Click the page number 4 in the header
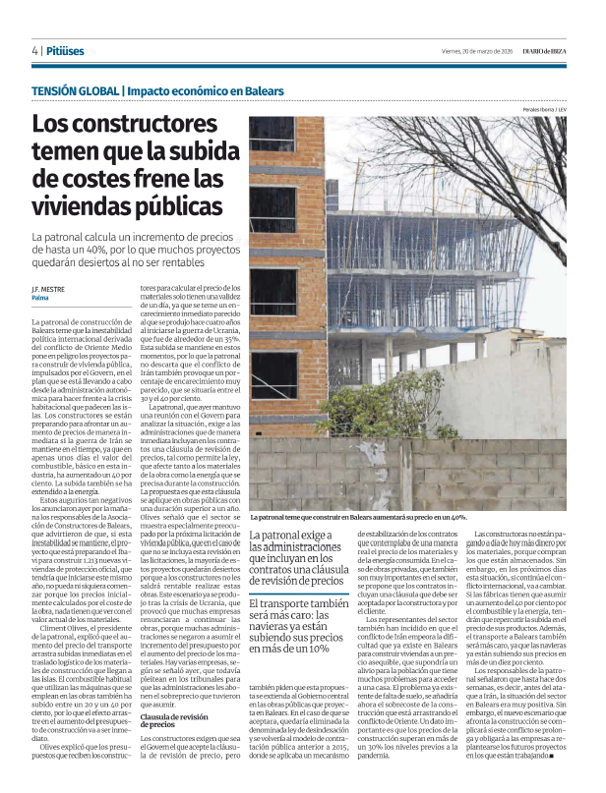(35, 50)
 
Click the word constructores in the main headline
(131, 127)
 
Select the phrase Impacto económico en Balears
(206, 91)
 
